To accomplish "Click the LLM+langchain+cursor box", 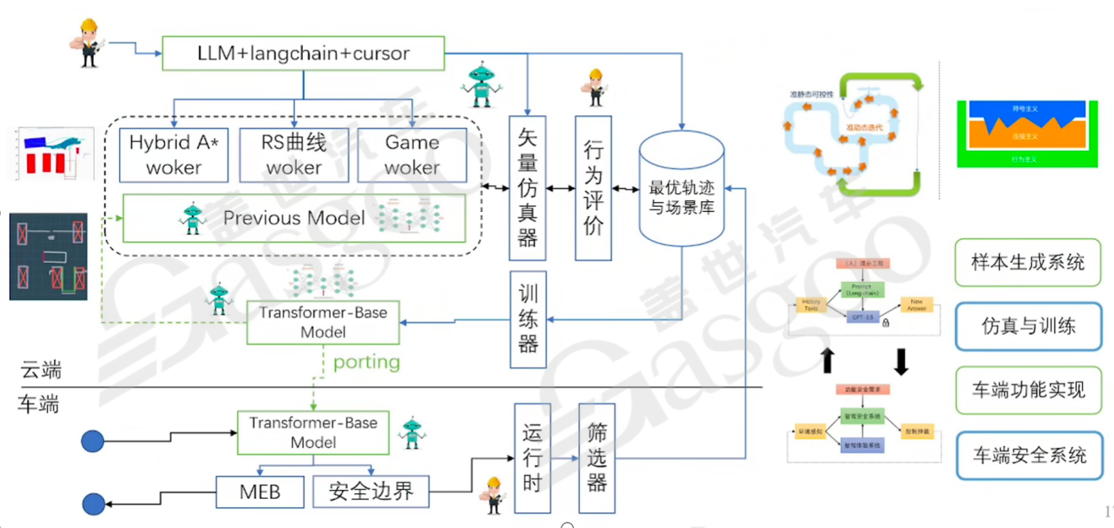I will tap(303, 54).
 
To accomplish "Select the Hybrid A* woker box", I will tap(174, 155).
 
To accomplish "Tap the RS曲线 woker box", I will tap(293, 155).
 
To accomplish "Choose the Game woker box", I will tap(412, 155).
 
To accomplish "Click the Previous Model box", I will tap(293, 218).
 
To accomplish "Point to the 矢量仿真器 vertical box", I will tap(527, 188).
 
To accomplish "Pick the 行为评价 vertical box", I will tap(593, 188).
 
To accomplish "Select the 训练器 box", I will tap(528, 319).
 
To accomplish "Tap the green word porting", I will tap(366, 362).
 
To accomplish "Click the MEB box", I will tap(259, 492).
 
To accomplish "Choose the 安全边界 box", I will tap(371, 491).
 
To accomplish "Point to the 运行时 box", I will tap(532, 458).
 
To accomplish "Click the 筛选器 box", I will tap(596, 458).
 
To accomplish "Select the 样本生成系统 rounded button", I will tap(1027, 262).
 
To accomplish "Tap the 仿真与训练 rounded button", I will tap(1028, 327).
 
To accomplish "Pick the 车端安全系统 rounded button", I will tap(1028, 455).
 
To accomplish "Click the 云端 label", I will tap(41, 370).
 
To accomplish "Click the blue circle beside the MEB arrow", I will tap(94, 504).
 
